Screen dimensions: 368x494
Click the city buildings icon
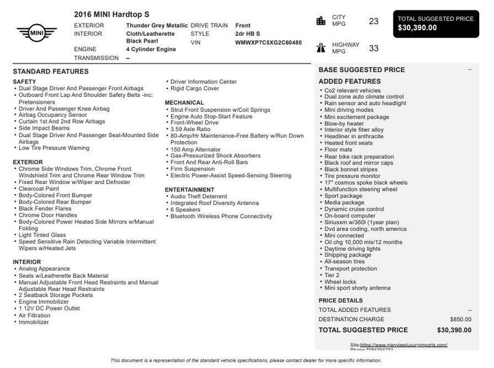(320, 21)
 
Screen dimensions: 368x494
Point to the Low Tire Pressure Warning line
(54, 148)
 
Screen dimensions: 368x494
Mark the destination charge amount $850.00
(459, 319)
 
